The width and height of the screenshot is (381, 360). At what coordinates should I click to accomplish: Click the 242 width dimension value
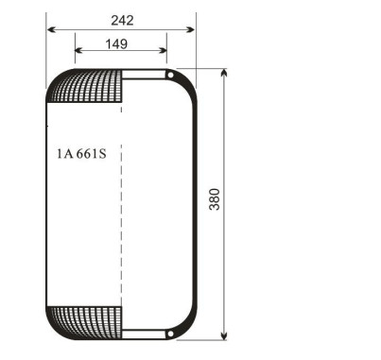[120, 19]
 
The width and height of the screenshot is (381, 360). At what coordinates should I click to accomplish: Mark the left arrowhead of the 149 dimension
[78, 52]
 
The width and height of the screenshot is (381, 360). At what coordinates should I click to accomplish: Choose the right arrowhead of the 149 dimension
[165, 52]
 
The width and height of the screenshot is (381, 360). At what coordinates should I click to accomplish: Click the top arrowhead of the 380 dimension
[224, 72]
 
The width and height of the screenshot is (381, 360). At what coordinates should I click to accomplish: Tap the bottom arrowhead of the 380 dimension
[224, 336]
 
